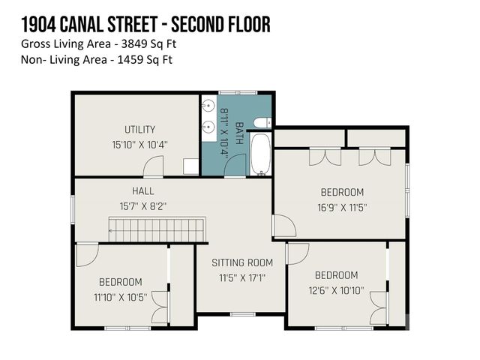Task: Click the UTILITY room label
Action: tap(140, 129)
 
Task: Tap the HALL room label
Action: tap(142, 191)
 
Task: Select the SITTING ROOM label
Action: tap(241, 262)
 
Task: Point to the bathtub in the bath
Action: tap(261, 154)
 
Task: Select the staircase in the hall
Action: tap(157, 228)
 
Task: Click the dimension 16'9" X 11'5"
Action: tap(341, 207)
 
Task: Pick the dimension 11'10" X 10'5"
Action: tap(120, 297)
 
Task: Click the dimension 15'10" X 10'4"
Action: tap(140, 144)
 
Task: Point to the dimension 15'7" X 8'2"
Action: tap(142, 205)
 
